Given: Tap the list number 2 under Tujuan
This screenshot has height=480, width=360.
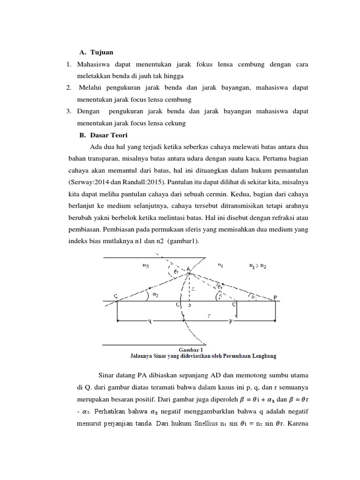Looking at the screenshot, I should pos(68,88).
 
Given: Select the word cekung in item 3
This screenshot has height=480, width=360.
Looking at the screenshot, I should pos(176,123).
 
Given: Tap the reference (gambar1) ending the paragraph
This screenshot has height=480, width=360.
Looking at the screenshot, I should pos(186,241).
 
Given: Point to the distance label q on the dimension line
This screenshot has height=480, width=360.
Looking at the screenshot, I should pos(149,322).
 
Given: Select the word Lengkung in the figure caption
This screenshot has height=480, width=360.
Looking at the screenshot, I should pos(262,356).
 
